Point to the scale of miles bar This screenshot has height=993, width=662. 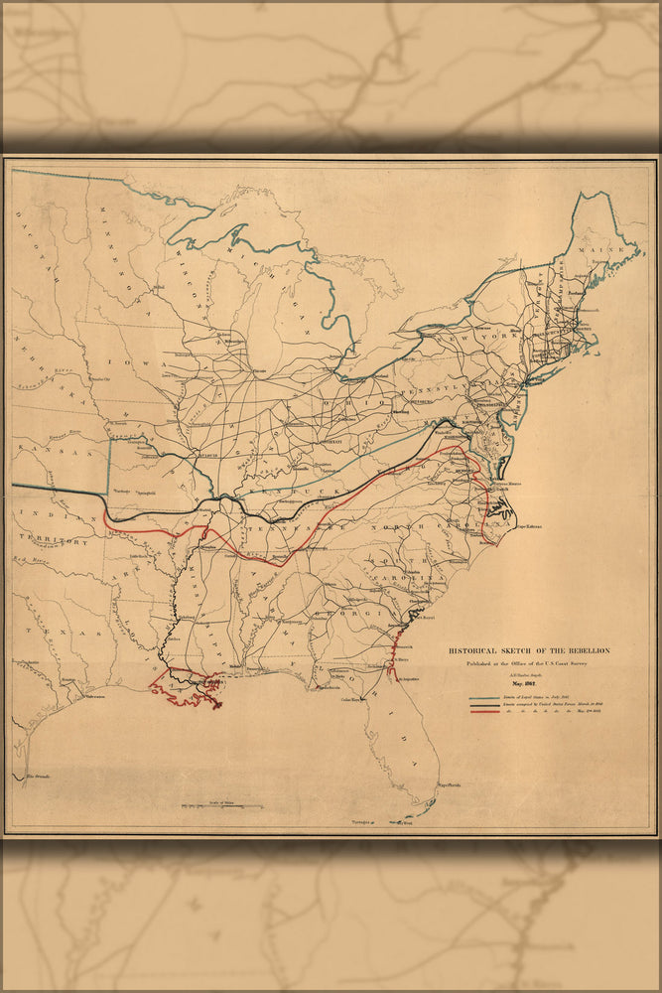221,804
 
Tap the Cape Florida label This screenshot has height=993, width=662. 448,784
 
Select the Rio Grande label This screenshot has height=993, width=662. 37,775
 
